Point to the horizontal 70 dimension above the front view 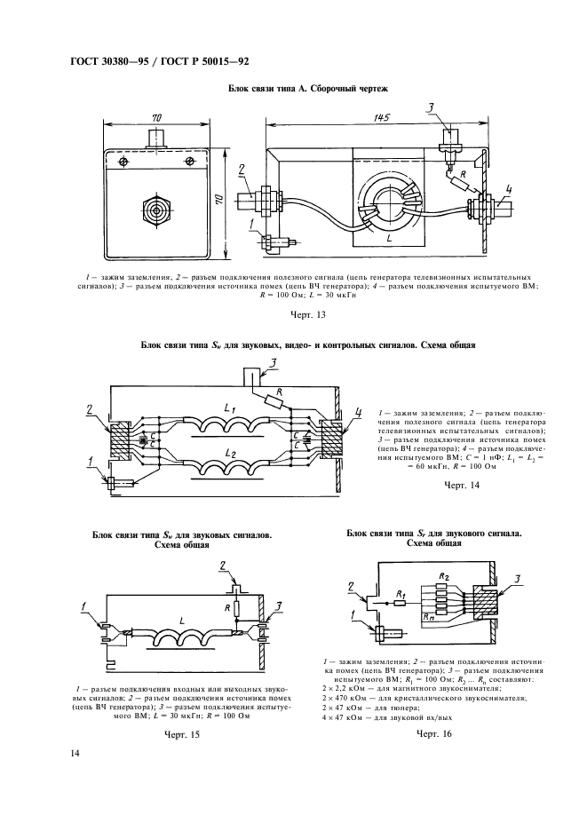click(156, 118)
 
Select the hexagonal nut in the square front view click(156, 211)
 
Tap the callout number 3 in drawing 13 click(430, 108)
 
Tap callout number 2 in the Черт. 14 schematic click(91, 410)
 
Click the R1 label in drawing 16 click(401, 594)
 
